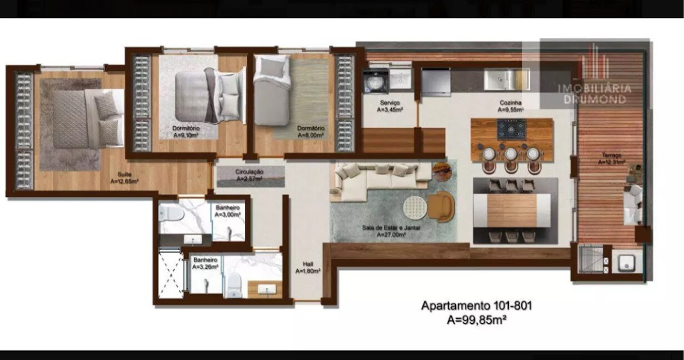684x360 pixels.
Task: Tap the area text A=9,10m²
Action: pyautogui.click(x=185, y=135)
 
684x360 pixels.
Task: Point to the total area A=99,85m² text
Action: pyautogui.click(x=476, y=320)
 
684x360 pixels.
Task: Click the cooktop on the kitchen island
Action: pyautogui.click(x=511, y=129)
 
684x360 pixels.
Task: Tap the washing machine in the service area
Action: pyautogui.click(x=374, y=82)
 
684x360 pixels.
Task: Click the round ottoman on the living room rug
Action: pyautogui.click(x=414, y=208)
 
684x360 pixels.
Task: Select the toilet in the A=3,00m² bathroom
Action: pyautogui.click(x=170, y=212)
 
